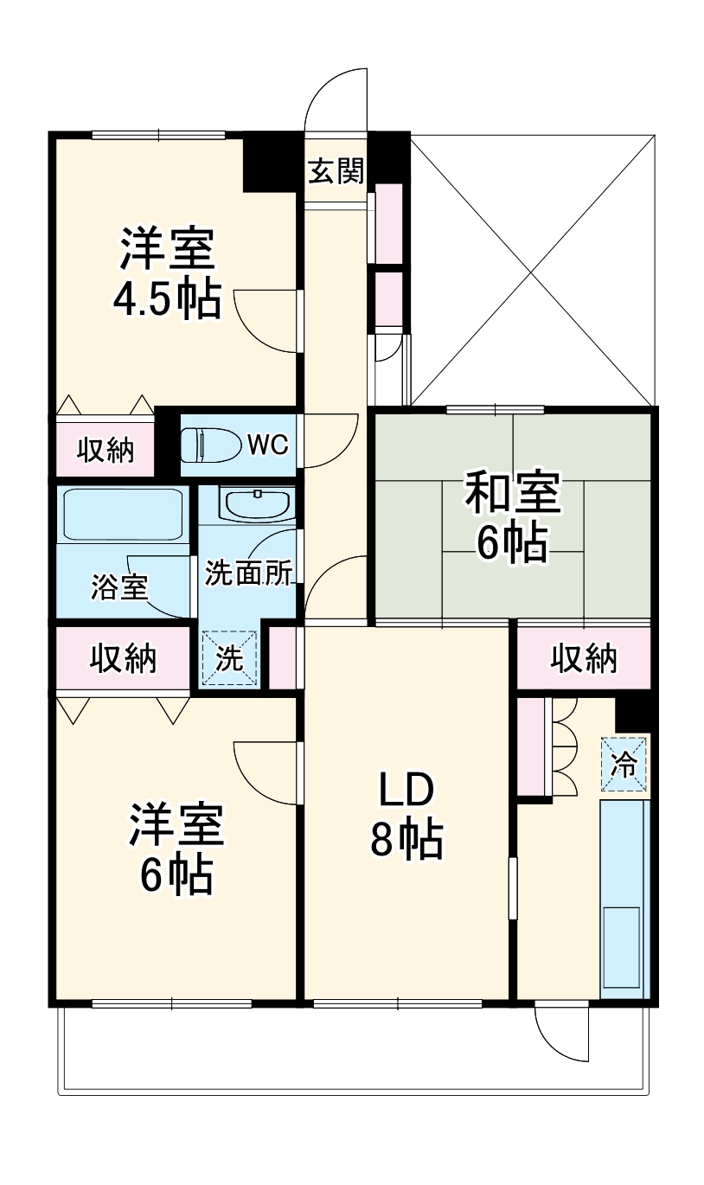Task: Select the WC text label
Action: [267, 445]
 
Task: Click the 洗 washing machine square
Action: [230, 659]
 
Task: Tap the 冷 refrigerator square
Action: [624, 763]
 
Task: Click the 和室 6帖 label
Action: [513, 516]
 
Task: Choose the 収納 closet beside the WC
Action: [106, 449]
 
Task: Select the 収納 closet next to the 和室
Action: [585, 659]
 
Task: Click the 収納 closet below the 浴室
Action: [123, 659]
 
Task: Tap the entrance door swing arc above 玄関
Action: [336, 99]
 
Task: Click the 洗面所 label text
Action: [248, 573]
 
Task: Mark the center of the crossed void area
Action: [531, 270]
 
